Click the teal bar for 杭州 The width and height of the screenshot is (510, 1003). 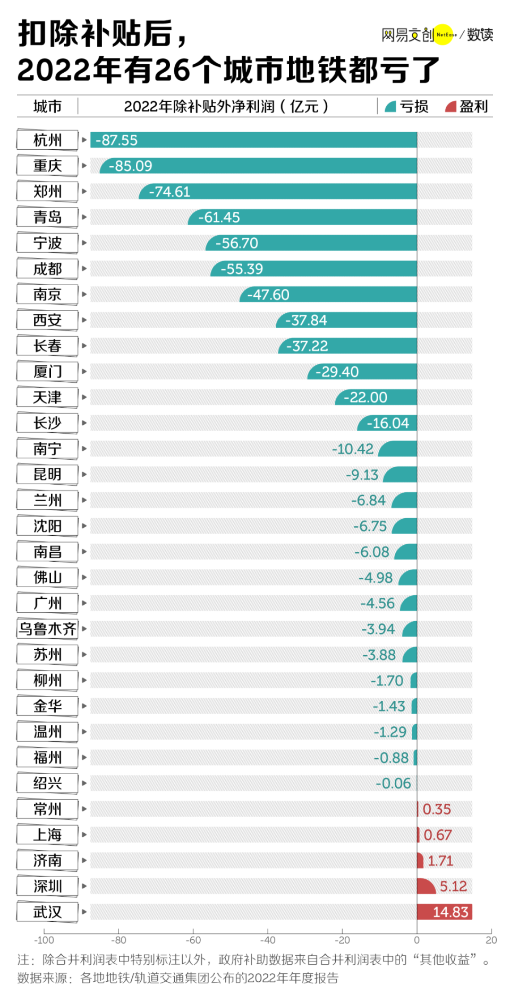(254, 140)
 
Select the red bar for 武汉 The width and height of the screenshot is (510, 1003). (444, 912)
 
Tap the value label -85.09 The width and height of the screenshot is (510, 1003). (131, 166)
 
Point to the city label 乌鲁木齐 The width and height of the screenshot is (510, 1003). (48, 629)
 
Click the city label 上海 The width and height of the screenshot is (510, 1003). (48, 835)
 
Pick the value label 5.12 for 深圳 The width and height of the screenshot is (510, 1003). (453, 886)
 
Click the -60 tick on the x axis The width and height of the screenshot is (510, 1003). (193, 940)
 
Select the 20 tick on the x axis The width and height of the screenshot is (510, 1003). (491, 940)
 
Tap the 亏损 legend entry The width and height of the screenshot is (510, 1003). (407, 107)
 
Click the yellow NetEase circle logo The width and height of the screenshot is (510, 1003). (445, 35)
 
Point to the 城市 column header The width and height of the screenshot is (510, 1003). (48, 107)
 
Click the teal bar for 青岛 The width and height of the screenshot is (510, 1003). (302, 217)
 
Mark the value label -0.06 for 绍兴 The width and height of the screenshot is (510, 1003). (394, 783)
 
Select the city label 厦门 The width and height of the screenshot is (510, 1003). (48, 372)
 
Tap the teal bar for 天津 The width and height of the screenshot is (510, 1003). (376, 397)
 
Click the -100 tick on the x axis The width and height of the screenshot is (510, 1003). (44, 940)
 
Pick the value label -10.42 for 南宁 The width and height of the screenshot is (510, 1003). (353, 449)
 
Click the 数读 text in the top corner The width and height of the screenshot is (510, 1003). (480, 35)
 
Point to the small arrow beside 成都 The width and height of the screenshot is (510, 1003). (84, 269)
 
